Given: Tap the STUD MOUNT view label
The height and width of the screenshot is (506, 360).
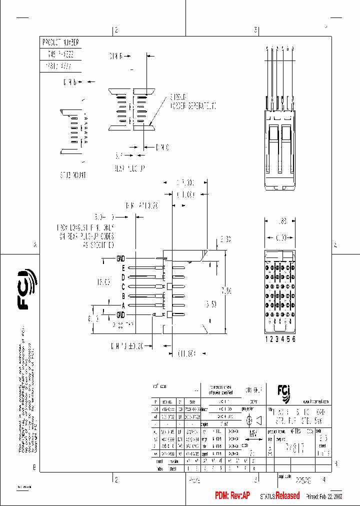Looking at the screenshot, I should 73,175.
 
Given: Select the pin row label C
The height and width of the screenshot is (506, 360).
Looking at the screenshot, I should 122,286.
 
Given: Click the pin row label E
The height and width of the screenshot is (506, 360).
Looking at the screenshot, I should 122,267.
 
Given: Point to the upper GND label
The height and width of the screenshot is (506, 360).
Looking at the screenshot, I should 120,258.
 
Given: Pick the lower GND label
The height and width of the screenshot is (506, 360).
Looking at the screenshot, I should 120,314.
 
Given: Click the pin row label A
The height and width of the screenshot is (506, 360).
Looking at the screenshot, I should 122,305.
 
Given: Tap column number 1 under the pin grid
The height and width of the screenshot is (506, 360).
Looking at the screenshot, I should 266,339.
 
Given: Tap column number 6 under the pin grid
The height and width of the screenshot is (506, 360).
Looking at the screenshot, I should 294,339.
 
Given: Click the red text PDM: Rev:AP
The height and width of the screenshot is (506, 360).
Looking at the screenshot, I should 232,495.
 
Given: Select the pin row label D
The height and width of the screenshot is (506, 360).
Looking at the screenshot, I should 122,277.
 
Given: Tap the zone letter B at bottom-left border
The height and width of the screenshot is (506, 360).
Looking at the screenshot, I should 34,468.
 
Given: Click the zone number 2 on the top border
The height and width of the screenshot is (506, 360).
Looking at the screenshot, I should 115,30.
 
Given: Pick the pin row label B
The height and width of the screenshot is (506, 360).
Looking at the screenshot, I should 122,296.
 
